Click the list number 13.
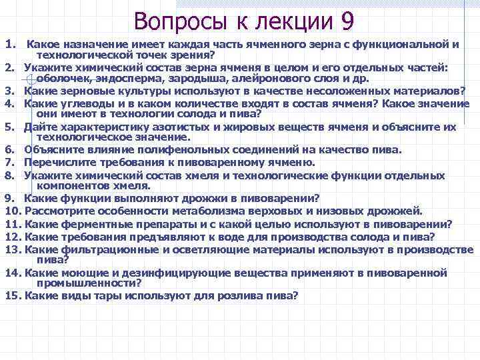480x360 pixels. click(x=11, y=249)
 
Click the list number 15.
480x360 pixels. click(x=11, y=295)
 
